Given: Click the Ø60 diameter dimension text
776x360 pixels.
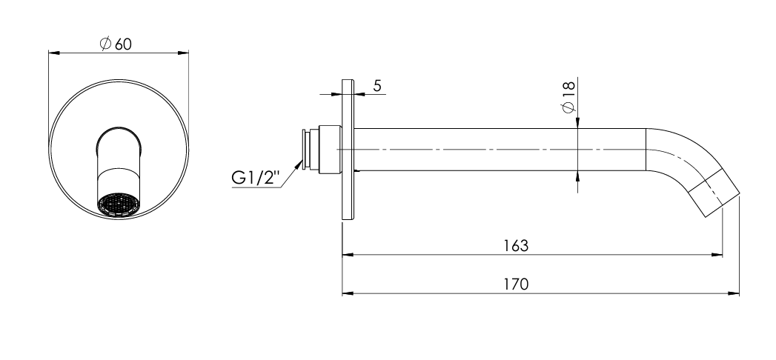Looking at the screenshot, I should (116, 44).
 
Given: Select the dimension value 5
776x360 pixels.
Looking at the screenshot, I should (377, 86).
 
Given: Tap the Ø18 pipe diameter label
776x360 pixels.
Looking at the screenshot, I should (568, 98).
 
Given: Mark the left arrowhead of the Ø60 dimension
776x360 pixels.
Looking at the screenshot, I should (53, 52).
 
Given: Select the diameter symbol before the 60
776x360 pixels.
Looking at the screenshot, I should (105, 44).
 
